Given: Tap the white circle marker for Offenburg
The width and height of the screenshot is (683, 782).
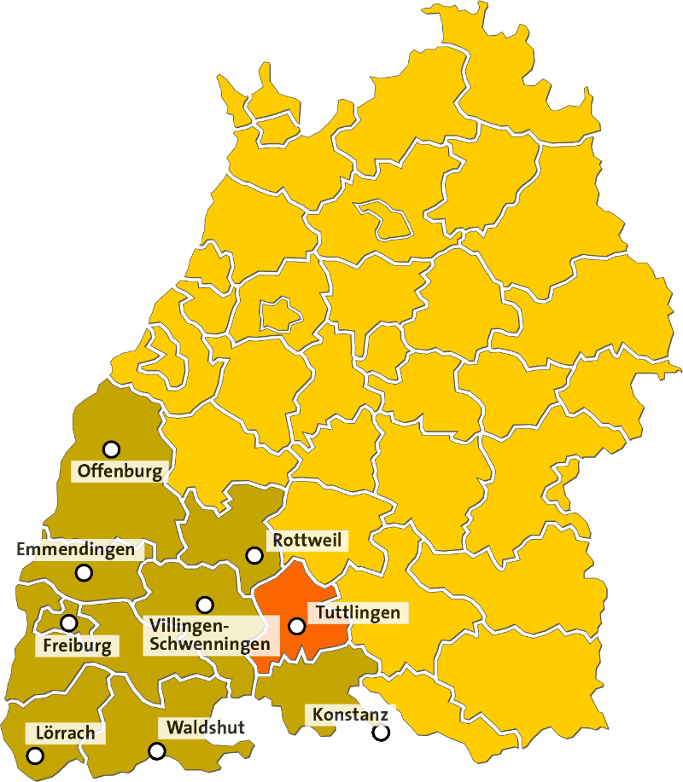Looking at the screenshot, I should click(111, 449).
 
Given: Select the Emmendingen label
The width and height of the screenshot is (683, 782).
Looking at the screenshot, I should click(76, 549).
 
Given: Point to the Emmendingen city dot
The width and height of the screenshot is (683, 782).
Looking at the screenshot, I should click(84, 573).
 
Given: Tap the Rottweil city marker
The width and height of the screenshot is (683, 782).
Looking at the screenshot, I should click(254, 555).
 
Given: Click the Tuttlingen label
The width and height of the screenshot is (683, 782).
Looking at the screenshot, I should click(358, 612).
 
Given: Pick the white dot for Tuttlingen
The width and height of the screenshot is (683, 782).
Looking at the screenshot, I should click(296, 626).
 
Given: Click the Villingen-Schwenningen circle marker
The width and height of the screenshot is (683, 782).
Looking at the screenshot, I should click(205, 605).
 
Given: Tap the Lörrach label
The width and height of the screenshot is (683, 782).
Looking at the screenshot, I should click(66, 733).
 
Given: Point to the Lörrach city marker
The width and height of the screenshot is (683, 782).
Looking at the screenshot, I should click(35, 756).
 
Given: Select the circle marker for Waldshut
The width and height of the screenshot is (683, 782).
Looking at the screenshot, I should click(157, 751).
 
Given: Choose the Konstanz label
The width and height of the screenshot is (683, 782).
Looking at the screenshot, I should click(350, 714).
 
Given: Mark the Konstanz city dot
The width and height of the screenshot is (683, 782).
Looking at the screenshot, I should click(381, 732).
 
